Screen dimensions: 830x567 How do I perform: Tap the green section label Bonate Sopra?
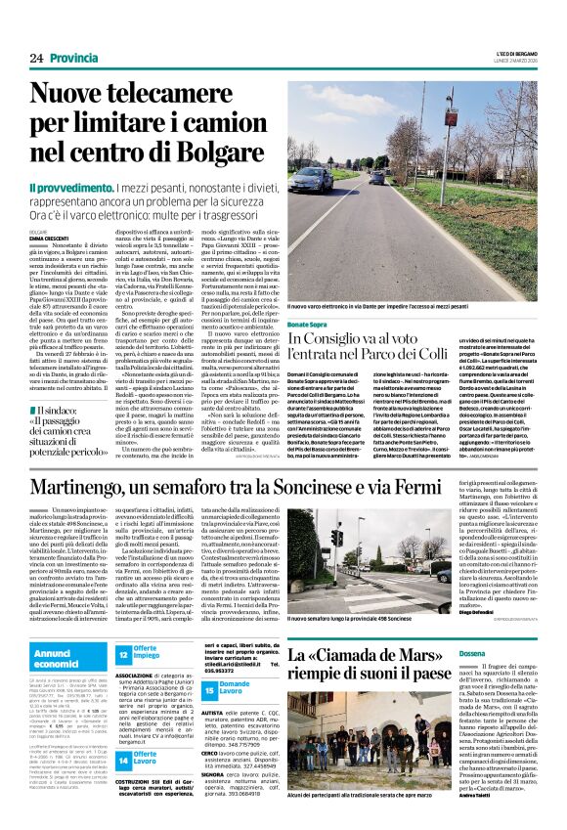pos(308,324)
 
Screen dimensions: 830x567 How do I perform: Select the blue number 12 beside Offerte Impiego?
pos(123,654)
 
